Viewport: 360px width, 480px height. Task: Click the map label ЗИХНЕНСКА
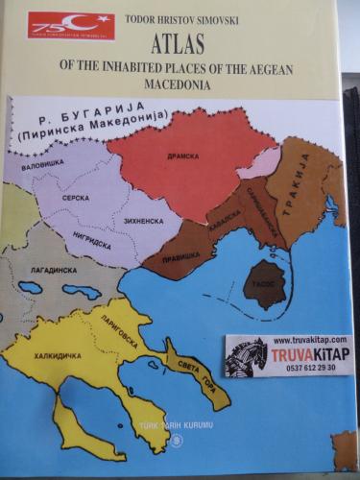point(141,221)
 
